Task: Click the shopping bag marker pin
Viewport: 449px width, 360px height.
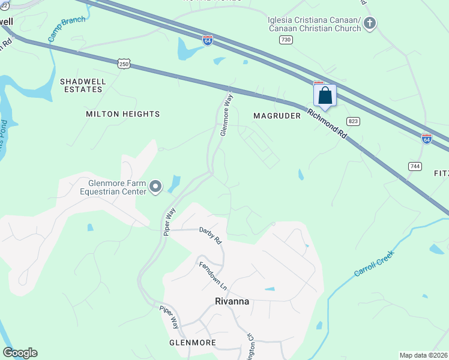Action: click(x=325, y=96)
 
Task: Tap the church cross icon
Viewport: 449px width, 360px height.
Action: click(x=370, y=24)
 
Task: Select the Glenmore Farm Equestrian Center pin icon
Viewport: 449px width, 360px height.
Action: click(x=155, y=187)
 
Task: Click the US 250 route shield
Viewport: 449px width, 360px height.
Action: click(x=124, y=64)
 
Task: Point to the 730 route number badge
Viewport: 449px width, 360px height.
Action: click(x=286, y=40)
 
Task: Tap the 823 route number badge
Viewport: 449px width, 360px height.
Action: click(x=354, y=121)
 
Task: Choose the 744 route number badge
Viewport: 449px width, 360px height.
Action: click(x=415, y=166)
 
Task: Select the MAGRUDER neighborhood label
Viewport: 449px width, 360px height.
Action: click(x=277, y=116)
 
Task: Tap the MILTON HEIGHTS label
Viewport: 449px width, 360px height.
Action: click(x=123, y=114)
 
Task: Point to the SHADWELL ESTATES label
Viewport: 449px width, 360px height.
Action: click(x=82, y=85)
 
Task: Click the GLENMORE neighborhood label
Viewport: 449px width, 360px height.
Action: click(x=193, y=343)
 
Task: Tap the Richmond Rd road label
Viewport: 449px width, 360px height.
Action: click(x=327, y=124)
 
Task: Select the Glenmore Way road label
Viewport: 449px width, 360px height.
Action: click(x=226, y=114)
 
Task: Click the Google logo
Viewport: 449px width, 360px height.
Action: click(x=20, y=353)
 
